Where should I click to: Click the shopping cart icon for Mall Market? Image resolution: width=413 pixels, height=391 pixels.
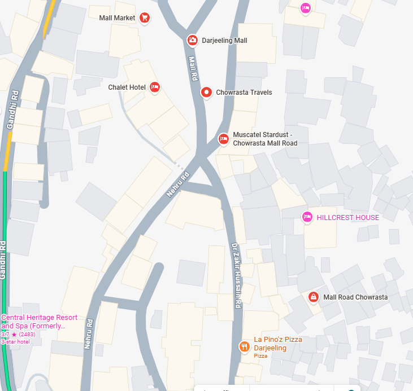point(145,18)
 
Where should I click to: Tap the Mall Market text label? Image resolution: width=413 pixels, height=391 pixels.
point(117,18)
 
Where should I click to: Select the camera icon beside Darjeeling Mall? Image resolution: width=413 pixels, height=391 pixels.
point(193,40)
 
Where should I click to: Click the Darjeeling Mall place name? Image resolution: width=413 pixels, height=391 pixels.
point(224,41)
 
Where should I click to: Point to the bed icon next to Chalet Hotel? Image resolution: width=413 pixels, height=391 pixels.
point(155,87)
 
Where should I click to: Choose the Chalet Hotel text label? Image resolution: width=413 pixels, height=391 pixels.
point(127,87)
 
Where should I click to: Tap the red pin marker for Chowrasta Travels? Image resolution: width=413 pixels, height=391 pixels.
point(207,92)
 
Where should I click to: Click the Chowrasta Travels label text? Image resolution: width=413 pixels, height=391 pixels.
point(244,93)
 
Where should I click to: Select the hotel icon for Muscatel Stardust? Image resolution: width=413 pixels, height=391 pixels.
point(224,138)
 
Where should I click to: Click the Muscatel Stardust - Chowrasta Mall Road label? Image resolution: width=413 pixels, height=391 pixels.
point(264,139)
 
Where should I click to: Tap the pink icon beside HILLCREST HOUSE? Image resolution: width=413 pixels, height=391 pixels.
point(307,217)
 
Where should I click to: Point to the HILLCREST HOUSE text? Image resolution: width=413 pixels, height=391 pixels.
point(347,217)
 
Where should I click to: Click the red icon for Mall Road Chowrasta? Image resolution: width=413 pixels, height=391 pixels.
point(314,296)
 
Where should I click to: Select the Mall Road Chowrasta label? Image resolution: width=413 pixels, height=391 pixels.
point(355,297)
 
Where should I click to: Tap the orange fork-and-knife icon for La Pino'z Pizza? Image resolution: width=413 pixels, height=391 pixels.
point(244,346)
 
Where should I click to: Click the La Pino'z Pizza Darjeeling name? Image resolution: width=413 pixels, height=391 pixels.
point(278,344)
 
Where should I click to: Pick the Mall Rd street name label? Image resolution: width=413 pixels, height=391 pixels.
point(193,69)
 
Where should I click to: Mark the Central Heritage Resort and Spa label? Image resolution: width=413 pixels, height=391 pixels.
point(39,322)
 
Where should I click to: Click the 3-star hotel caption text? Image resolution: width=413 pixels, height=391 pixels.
point(15,341)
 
